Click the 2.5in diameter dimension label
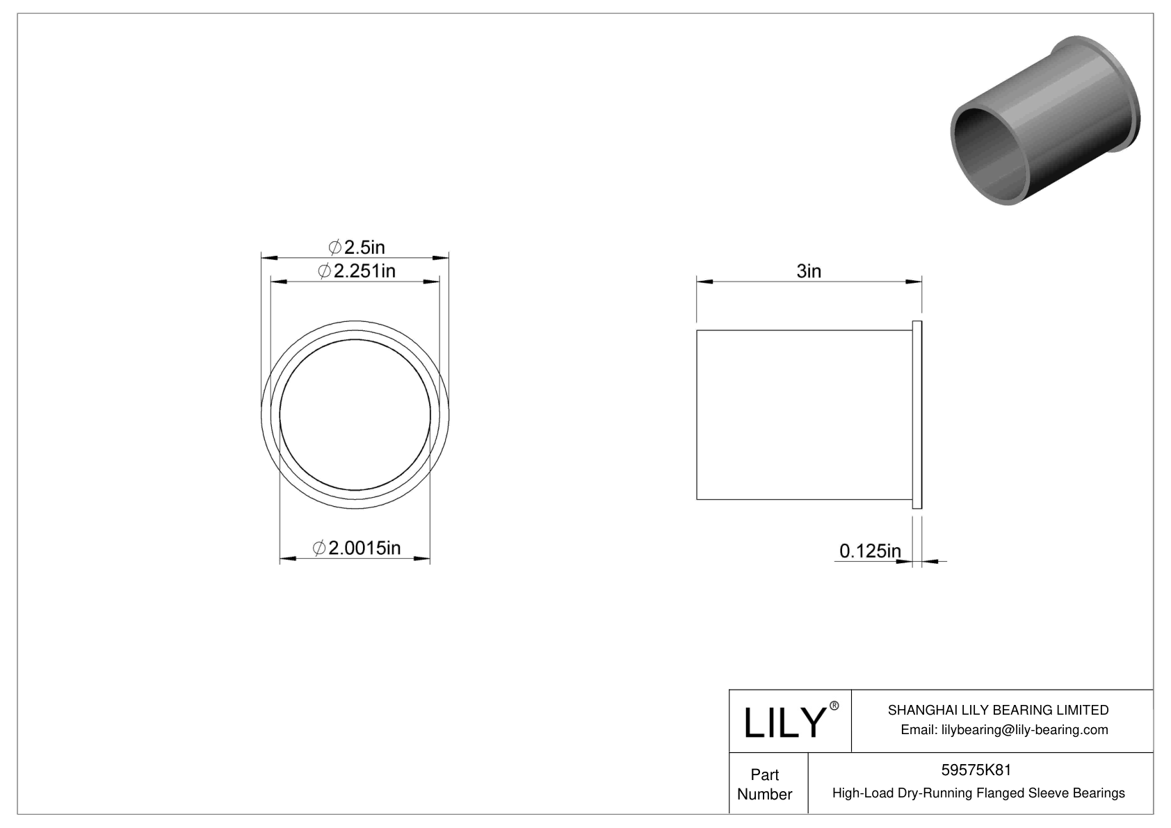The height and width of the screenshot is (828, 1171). [x=356, y=247]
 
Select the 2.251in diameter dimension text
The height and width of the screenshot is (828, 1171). [x=356, y=271]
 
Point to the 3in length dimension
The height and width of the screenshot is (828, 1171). [x=808, y=271]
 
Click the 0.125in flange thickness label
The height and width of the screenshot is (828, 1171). [x=869, y=551]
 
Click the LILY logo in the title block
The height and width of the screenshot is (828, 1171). [x=784, y=722]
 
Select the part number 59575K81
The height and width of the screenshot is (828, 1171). [x=976, y=770]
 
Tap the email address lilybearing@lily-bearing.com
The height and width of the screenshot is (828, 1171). [x=1004, y=729]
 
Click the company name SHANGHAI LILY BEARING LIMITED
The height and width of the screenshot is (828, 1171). [x=998, y=710]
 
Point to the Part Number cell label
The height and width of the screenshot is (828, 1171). [x=764, y=784]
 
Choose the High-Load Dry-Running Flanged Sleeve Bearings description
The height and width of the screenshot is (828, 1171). [x=978, y=793]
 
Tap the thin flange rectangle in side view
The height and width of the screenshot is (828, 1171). [x=916, y=415]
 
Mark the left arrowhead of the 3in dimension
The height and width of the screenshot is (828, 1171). [x=704, y=282]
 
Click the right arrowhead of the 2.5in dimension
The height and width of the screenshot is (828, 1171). [x=441, y=258]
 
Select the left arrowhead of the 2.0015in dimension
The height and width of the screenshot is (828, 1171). [x=288, y=558]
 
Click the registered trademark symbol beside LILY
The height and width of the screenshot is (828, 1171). [x=834, y=706]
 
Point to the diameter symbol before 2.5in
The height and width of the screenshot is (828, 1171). [x=334, y=247]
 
